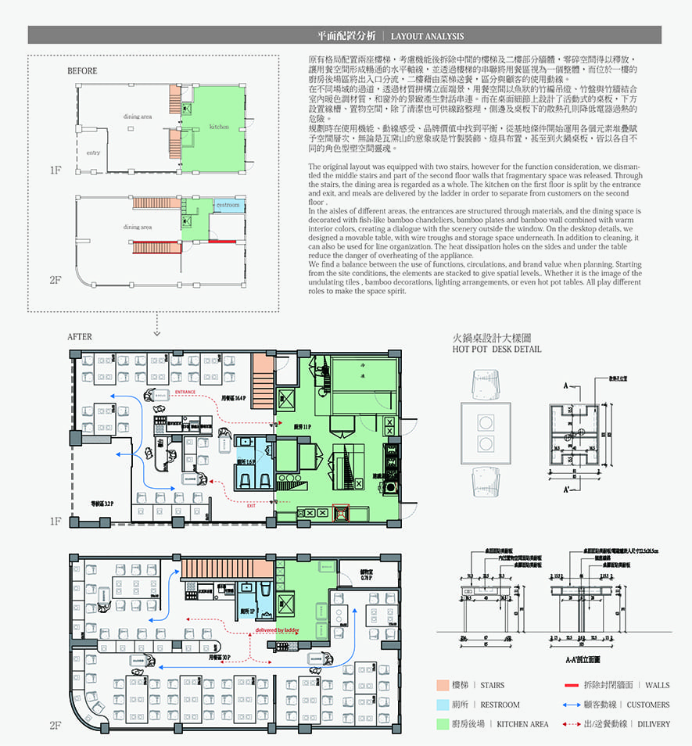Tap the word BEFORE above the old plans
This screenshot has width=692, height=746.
click(82, 71)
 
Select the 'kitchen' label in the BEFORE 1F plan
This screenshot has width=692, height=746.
click(219, 126)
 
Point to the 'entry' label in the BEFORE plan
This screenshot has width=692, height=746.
click(93, 152)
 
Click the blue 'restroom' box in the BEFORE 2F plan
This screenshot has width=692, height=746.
click(228, 205)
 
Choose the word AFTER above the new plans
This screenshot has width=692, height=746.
click(80, 337)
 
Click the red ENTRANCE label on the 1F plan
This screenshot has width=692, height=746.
click(185, 391)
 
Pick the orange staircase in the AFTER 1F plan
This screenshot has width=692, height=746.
click(264, 380)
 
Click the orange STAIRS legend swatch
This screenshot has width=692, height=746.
click(443, 685)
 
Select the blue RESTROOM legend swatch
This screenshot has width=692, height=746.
click(443, 705)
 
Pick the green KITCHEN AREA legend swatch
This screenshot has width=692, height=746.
click(443, 724)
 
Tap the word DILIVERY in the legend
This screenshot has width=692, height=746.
click(654, 724)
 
